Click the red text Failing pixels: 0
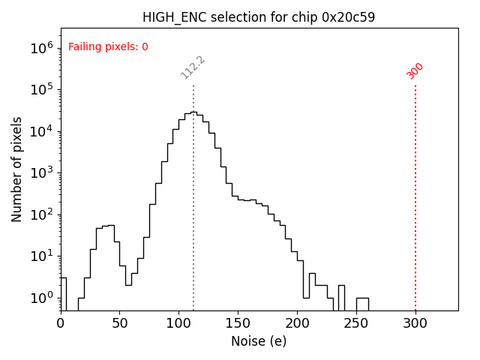pyautogui.click(x=108, y=46)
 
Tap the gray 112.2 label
pyautogui.click(x=193, y=67)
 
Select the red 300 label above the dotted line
pyautogui.click(x=415, y=70)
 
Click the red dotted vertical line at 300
pyautogui.click(x=415, y=195)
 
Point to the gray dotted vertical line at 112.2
pyautogui.click(x=193, y=225)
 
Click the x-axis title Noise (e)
pyautogui.click(x=259, y=341)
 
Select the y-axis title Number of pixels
pyautogui.click(x=16, y=169)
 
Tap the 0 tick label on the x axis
pyautogui.click(x=61, y=323)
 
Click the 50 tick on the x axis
pyautogui.click(x=120, y=323)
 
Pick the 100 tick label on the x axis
pyautogui.click(x=179, y=323)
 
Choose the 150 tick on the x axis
pyautogui.click(x=238, y=323)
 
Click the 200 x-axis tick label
pyautogui.click(x=297, y=323)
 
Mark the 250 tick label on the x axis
pyautogui.click(x=356, y=323)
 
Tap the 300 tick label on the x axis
pyautogui.click(x=415, y=323)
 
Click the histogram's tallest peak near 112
pyautogui.click(x=193, y=112)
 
